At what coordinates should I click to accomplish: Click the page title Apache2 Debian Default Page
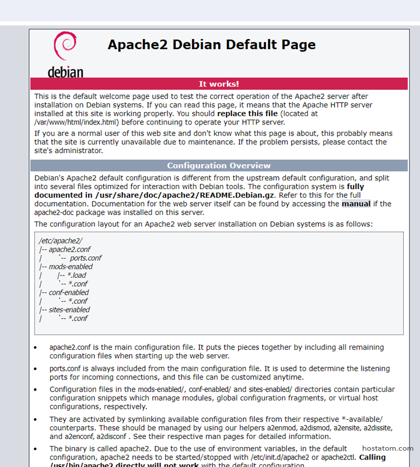211,45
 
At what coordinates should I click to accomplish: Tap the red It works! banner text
219,84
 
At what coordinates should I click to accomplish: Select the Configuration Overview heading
219,166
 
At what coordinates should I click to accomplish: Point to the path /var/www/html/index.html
76,123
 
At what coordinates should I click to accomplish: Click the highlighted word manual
356,204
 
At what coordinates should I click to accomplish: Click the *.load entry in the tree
76,276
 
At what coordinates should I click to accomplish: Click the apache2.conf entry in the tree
69,249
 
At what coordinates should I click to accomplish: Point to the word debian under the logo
65,72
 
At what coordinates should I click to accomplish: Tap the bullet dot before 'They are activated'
36,420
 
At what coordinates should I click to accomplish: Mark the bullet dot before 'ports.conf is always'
36,369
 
